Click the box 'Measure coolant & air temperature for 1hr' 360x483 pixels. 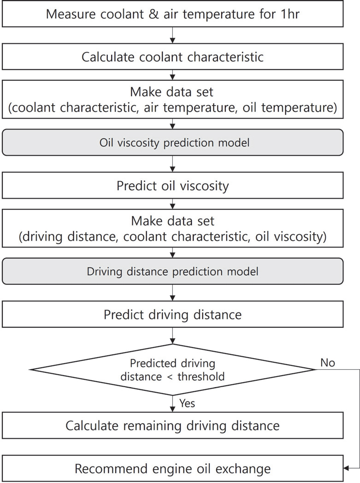(173, 14)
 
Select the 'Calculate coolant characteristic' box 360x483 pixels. (173, 57)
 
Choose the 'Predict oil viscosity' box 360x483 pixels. (173, 186)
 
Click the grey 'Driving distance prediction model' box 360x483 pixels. (173, 271)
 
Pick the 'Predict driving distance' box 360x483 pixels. (173, 314)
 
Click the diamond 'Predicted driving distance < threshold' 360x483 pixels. (173, 369)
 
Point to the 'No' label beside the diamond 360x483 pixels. (327, 363)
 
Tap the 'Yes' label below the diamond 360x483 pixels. (187, 403)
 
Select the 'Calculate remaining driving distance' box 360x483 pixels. (173, 425)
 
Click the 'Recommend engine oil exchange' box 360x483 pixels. (173, 469)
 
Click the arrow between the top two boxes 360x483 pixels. (173, 35)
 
